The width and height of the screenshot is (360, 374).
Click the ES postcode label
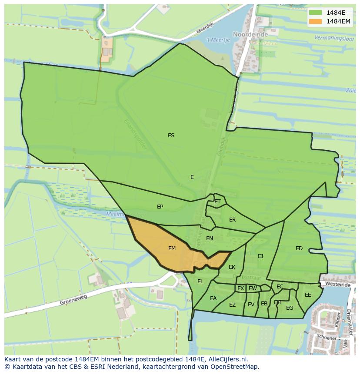pyautogui.click(x=171, y=136)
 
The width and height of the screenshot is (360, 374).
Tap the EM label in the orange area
pyautogui.click(x=172, y=248)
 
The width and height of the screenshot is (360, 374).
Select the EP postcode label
pyautogui.click(x=160, y=207)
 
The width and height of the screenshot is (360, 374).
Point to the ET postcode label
pyautogui.click(x=217, y=202)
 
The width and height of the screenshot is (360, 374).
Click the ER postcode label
pyautogui.click(x=232, y=220)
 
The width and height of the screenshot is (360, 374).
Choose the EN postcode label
pyautogui.click(x=210, y=238)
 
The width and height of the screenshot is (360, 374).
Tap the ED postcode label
pyautogui.click(x=299, y=248)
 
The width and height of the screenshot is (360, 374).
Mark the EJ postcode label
pyautogui.click(x=260, y=256)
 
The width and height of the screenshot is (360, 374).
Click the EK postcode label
pyautogui.click(x=232, y=267)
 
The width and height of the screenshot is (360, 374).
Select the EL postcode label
pyautogui.click(x=200, y=281)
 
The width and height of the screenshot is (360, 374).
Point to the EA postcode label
pyautogui.click(x=213, y=298)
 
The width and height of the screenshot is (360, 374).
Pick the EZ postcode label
pyautogui.click(x=232, y=305)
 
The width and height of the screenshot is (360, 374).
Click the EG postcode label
pyautogui.click(x=290, y=308)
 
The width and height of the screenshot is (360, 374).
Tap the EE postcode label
pyautogui.click(x=308, y=295)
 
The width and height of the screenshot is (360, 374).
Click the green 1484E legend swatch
pyautogui.click(x=315, y=12)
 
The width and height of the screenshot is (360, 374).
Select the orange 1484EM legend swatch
pyautogui.click(x=315, y=21)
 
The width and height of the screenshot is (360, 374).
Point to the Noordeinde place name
pyautogui.click(x=248, y=34)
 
